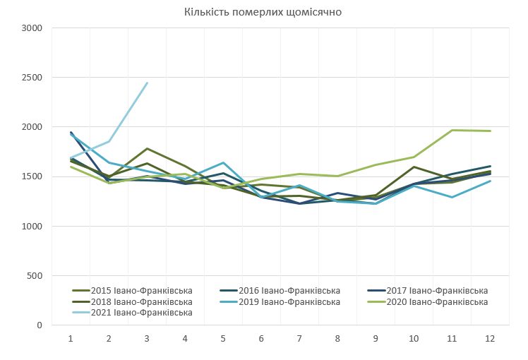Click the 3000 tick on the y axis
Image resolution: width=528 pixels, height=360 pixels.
pyautogui.click(x=33, y=28)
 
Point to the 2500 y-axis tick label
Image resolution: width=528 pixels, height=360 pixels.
pyautogui.click(x=33, y=78)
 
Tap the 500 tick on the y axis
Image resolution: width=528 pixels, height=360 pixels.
pyautogui.click(x=35, y=276)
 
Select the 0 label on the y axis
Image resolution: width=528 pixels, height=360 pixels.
pyautogui.click(x=40, y=325)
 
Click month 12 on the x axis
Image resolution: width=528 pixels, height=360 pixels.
pyautogui.click(x=489, y=339)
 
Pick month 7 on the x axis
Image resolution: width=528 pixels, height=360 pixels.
pyautogui.click(x=299, y=339)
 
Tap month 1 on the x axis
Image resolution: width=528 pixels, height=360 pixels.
pyautogui.click(x=71, y=339)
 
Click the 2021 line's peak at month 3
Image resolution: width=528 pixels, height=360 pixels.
pyautogui.click(x=147, y=83)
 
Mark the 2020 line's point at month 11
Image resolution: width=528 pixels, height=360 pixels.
pyautogui.click(x=451, y=130)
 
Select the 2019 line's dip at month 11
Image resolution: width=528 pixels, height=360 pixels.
pyautogui.click(x=451, y=197)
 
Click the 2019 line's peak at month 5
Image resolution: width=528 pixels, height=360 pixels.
pyautogui.click(x=223, y=163)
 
